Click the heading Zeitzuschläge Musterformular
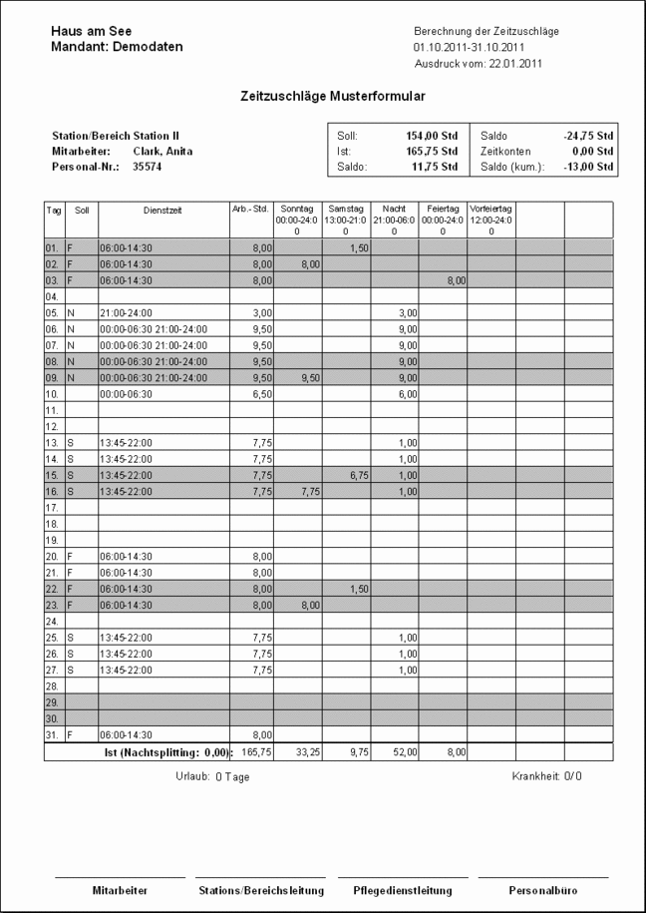tap(333, 98)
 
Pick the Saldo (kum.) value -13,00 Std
tap(587, 167)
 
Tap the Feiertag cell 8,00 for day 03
tap(455, 282)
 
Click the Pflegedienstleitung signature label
tap(403, 889)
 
